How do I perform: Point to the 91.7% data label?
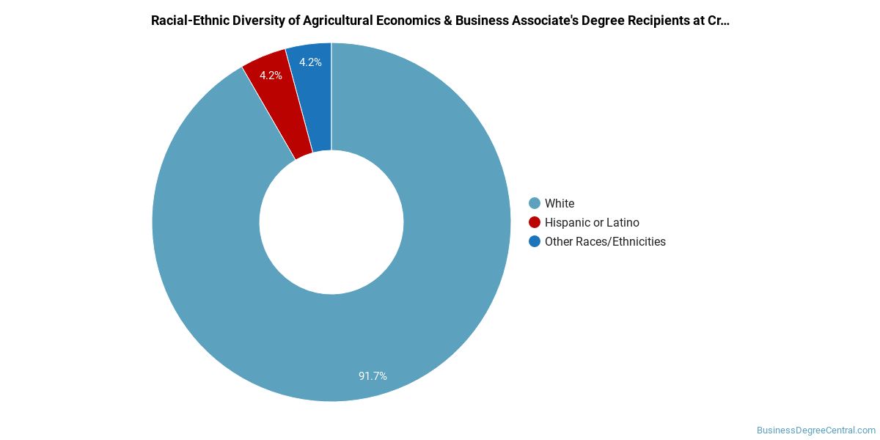[x=373, y=376]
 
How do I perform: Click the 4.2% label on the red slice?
[x=271, y=76]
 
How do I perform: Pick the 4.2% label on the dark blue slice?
[x=310, y=62]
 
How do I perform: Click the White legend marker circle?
[x=535, y=203]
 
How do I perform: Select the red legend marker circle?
[x=535, y=222]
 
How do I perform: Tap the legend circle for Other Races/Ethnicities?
[x=535, y=241]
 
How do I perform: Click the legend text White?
[x=560, y=203]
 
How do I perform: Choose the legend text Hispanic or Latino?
[x=592, y=222]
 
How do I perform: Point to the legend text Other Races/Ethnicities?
[x=605, y=241]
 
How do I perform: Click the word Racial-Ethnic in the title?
[x=188, y=21]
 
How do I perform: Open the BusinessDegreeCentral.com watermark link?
[x=815, y=430]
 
